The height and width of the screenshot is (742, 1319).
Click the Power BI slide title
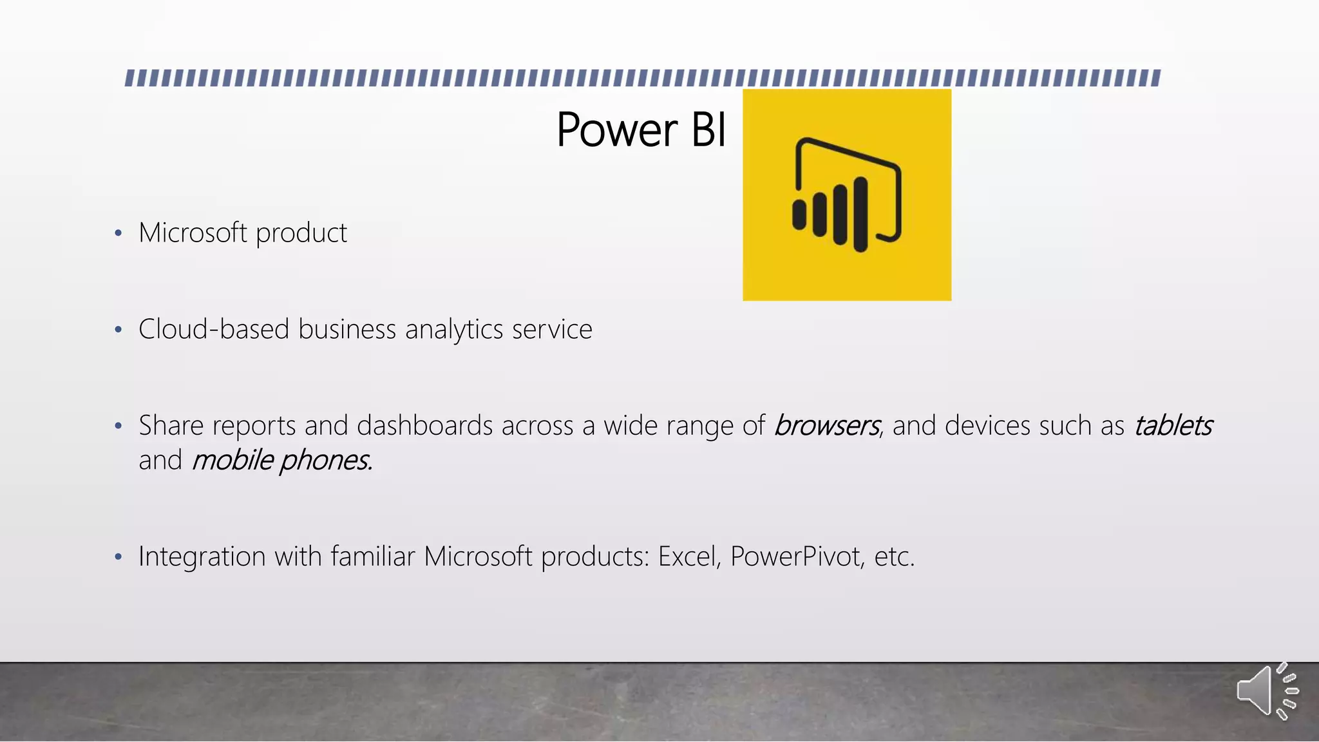tap(641, 131)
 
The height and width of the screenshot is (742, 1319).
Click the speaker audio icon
tap(1266, 691)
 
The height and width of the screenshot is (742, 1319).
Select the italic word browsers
tap(826, 426)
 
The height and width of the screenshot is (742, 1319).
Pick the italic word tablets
tap(1173, 426)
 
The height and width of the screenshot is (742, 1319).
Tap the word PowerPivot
tap(797, 556)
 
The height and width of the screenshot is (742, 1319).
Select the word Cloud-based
tap(213, 330)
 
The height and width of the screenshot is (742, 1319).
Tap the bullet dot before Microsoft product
tap(118, 234)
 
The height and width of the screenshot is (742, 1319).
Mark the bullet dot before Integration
tap(118, 557)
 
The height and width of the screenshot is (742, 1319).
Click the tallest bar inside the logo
tap(860, 214)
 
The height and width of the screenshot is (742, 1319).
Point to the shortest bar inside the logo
tap(799, 214)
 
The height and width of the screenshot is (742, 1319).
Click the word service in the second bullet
tap(552, 330)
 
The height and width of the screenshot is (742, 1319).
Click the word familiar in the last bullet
tap(373, 556)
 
